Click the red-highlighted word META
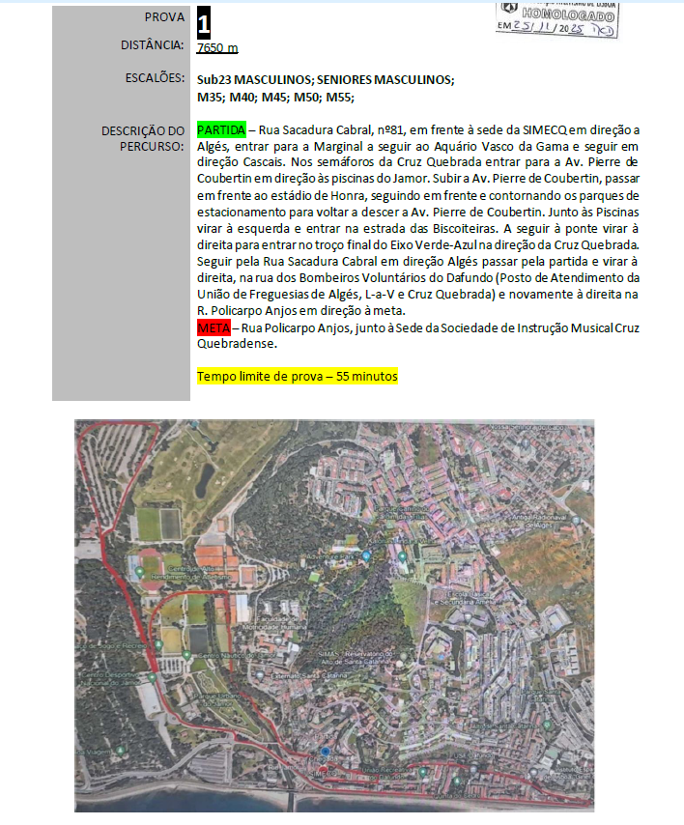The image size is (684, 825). point(214,328)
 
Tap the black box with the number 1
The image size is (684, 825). point(203,22)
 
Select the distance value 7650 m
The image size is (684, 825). point(216,48)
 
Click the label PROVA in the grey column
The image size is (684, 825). point(164,17)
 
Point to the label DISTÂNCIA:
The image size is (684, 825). point(152,44)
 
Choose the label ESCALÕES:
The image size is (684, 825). point(154,77)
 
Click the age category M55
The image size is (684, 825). point(340,97)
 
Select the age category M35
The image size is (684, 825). point(210,97)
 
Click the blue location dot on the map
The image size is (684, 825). point(326,752)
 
